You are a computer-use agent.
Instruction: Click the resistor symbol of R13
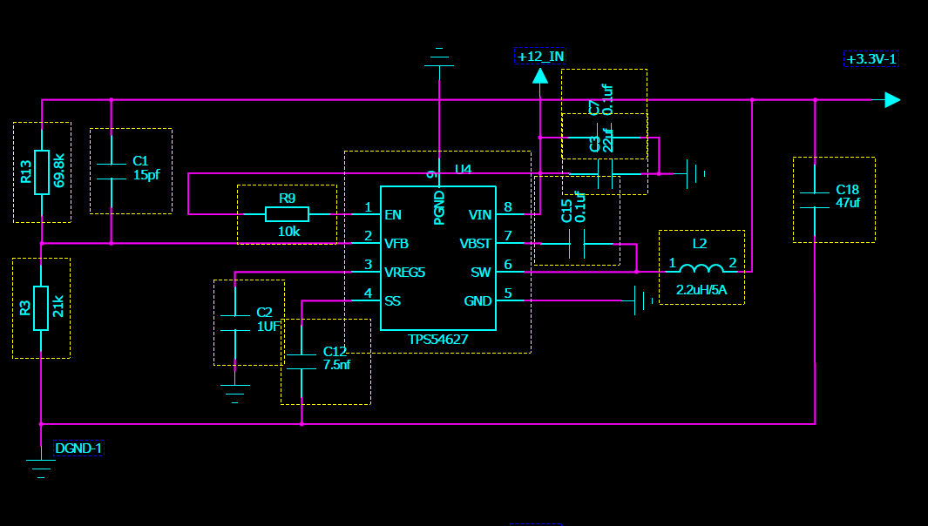point(41,172)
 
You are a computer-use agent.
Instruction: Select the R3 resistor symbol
point(41,308)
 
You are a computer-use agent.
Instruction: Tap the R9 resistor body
point(287,214)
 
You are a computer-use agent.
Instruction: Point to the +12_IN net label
point(539,57)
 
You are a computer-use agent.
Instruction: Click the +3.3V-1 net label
point(870,59)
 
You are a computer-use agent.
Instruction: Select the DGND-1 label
point(78,448)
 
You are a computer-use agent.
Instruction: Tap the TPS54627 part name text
point(438,340)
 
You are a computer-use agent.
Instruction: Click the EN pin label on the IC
point(393,214)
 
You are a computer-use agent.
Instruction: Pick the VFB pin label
point(396,243)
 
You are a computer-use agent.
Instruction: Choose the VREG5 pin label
point(404,272)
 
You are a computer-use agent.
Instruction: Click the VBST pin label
point(475,243)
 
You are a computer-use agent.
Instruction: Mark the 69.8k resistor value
point(59,172)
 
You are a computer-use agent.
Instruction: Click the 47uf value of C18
point(848,203)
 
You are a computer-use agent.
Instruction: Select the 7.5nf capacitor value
point(336,365)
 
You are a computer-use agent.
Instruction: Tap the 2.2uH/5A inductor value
point(701,289)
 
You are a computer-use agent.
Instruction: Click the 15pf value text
point(146,174)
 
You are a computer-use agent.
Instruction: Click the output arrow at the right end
point(891,100)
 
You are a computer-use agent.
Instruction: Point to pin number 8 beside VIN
point(507,207)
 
